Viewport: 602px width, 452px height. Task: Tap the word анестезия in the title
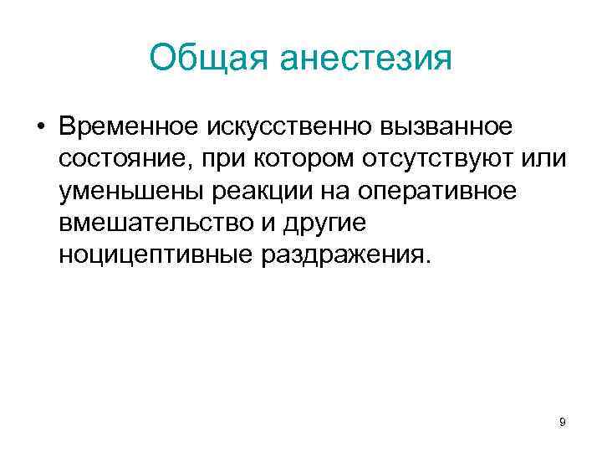tap(365, 59)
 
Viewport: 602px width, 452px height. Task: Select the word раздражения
tap(344, 255)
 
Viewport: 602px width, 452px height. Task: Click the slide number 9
tap(563, 423)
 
